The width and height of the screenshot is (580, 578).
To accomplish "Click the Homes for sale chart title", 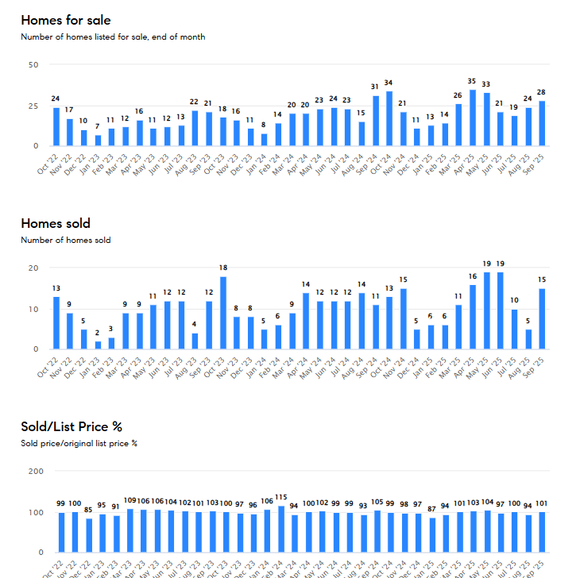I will (x=66, y=20).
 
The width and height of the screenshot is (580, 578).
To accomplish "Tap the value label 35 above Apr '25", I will (x=472, y=81).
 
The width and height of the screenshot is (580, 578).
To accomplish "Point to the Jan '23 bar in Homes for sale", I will (x=98, y=141).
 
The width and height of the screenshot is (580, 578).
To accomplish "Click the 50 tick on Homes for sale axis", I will (x=33, y=64).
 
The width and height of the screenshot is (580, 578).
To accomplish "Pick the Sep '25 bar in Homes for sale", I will (x=542, y=124).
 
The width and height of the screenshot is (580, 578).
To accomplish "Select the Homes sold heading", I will (x=56, y=223).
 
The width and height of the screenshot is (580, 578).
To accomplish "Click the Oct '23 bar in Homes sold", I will (x=223, y=313).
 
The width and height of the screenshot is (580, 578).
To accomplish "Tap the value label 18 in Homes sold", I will (x=223, y=268).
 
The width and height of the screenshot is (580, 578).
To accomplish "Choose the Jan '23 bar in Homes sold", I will (x=98, y=345).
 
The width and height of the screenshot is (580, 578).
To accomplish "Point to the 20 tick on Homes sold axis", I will (x=33, y=268).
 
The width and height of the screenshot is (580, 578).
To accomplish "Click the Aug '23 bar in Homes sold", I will (x=195, y=341).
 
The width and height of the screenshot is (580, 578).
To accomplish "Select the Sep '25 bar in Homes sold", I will (x=542, y=318).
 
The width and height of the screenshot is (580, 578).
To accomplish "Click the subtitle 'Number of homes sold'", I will (x=66, y=240).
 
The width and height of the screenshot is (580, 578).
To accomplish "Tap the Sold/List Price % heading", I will (x=72, y=426).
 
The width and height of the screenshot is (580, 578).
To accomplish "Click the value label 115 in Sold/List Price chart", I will (x=281, y=497).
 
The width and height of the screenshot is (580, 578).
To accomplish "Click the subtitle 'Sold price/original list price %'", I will (x=79, y=443).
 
